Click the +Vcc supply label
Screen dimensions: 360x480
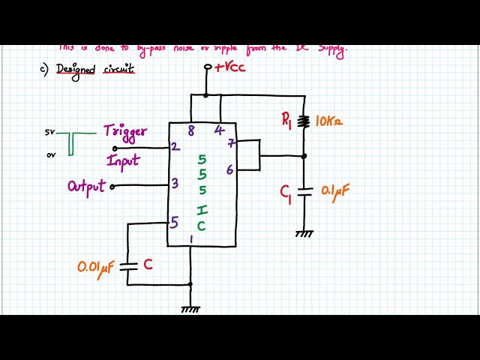(230, 67)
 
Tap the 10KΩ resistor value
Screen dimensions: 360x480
(329, 121)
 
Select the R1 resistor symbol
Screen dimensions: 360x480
(304, 121)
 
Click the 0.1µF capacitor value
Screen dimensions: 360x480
(335, 191)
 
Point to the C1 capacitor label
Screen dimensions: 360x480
(286, 193)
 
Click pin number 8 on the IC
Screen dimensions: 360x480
(191, 130)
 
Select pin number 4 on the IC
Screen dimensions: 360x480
(218, 130)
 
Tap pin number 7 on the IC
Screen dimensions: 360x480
(231, 142)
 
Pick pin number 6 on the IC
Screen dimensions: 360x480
(229, 170)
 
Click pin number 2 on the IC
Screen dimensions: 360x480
(175, 146)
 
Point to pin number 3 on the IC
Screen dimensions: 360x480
(175, 183)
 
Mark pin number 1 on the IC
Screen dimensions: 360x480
(191, 240)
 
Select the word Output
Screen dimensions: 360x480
(86, 186)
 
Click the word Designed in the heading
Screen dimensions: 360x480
(76, 70)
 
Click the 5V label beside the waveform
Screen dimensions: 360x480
(49, 133)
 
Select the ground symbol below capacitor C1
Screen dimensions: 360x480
(304, 234)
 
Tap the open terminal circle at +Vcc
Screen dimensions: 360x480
(208, 67)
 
